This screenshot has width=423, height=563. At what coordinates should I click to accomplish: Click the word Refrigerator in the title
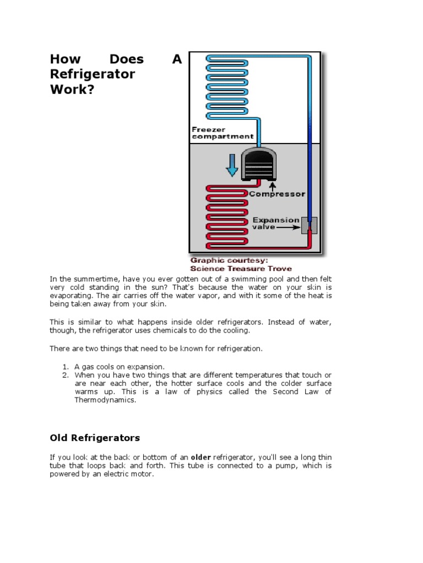pos(92,74)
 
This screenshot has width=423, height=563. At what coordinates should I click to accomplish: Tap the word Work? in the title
pos(72,89)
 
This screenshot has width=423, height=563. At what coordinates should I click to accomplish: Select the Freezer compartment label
pos(223,133)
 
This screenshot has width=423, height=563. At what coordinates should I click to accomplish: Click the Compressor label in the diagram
pos(276,194)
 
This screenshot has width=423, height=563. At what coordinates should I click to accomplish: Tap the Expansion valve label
pos(275,223)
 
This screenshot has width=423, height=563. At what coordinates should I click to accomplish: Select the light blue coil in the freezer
pos(226,82)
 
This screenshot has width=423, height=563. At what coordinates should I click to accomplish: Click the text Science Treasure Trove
pos(241,268)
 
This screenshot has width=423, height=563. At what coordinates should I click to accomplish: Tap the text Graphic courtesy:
pos(229,260)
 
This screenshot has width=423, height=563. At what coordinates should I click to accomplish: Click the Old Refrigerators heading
pos(95,438)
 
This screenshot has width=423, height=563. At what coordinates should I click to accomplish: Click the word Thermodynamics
pos(105,400)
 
